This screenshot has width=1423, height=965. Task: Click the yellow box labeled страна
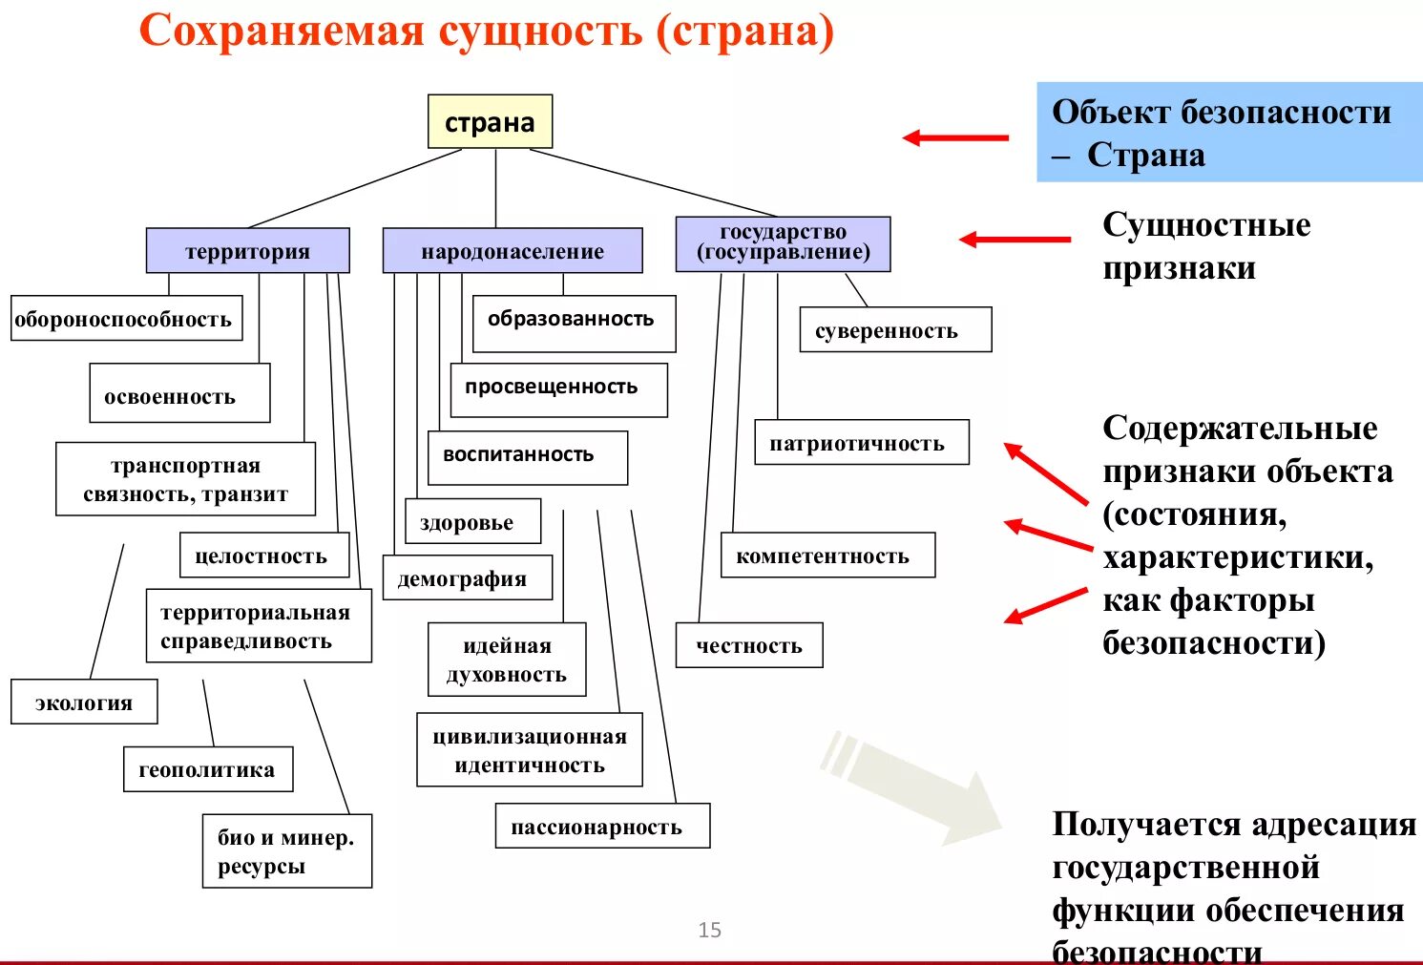[490, 121]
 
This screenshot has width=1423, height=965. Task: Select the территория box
[247, 251]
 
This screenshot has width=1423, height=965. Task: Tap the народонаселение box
[512, 251]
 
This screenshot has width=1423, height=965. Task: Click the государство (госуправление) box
[783, 243]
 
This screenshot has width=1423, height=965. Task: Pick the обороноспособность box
[126, 319]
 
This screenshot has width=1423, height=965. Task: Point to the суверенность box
[894, 330]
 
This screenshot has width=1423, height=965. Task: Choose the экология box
[84, 703]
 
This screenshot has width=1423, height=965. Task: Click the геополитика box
[207, 769]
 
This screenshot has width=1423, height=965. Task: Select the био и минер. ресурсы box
[286, 851]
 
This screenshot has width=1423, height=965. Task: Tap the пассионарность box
[601, 827]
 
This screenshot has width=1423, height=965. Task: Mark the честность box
[748, 646]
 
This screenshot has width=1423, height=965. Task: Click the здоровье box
[472, 522]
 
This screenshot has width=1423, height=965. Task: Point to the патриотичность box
[861, 443]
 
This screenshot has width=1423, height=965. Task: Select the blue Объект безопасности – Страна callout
[1228, 133]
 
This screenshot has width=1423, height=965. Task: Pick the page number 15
[709, 930]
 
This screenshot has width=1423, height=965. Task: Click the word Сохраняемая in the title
[282, 31]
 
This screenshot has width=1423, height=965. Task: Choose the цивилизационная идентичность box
[529, 750]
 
